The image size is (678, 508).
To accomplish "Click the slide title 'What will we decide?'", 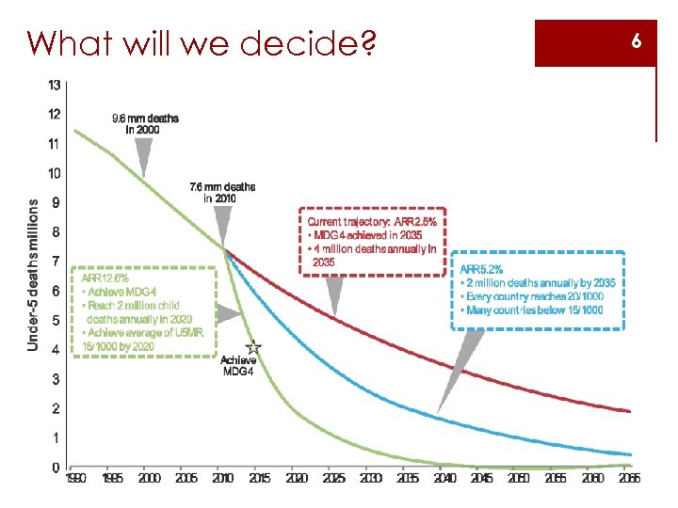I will (201, 42).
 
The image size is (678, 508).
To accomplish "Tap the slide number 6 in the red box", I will (637, 41).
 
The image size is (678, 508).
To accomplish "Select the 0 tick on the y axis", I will (56, 468).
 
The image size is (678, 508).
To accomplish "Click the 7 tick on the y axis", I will (56, 261).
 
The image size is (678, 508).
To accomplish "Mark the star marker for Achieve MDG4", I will (253, 347).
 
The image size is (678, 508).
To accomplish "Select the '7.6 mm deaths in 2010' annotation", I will (222, 193).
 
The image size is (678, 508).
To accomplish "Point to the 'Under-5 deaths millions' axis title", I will (33, 274).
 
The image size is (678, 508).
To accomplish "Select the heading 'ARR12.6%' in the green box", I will (105, 278).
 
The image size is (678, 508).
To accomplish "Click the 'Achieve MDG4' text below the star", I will (239, 365).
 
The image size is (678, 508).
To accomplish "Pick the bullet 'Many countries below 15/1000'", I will (534, 310).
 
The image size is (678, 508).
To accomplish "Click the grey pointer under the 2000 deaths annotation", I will (144, 156).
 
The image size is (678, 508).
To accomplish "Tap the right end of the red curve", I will (629, 412).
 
